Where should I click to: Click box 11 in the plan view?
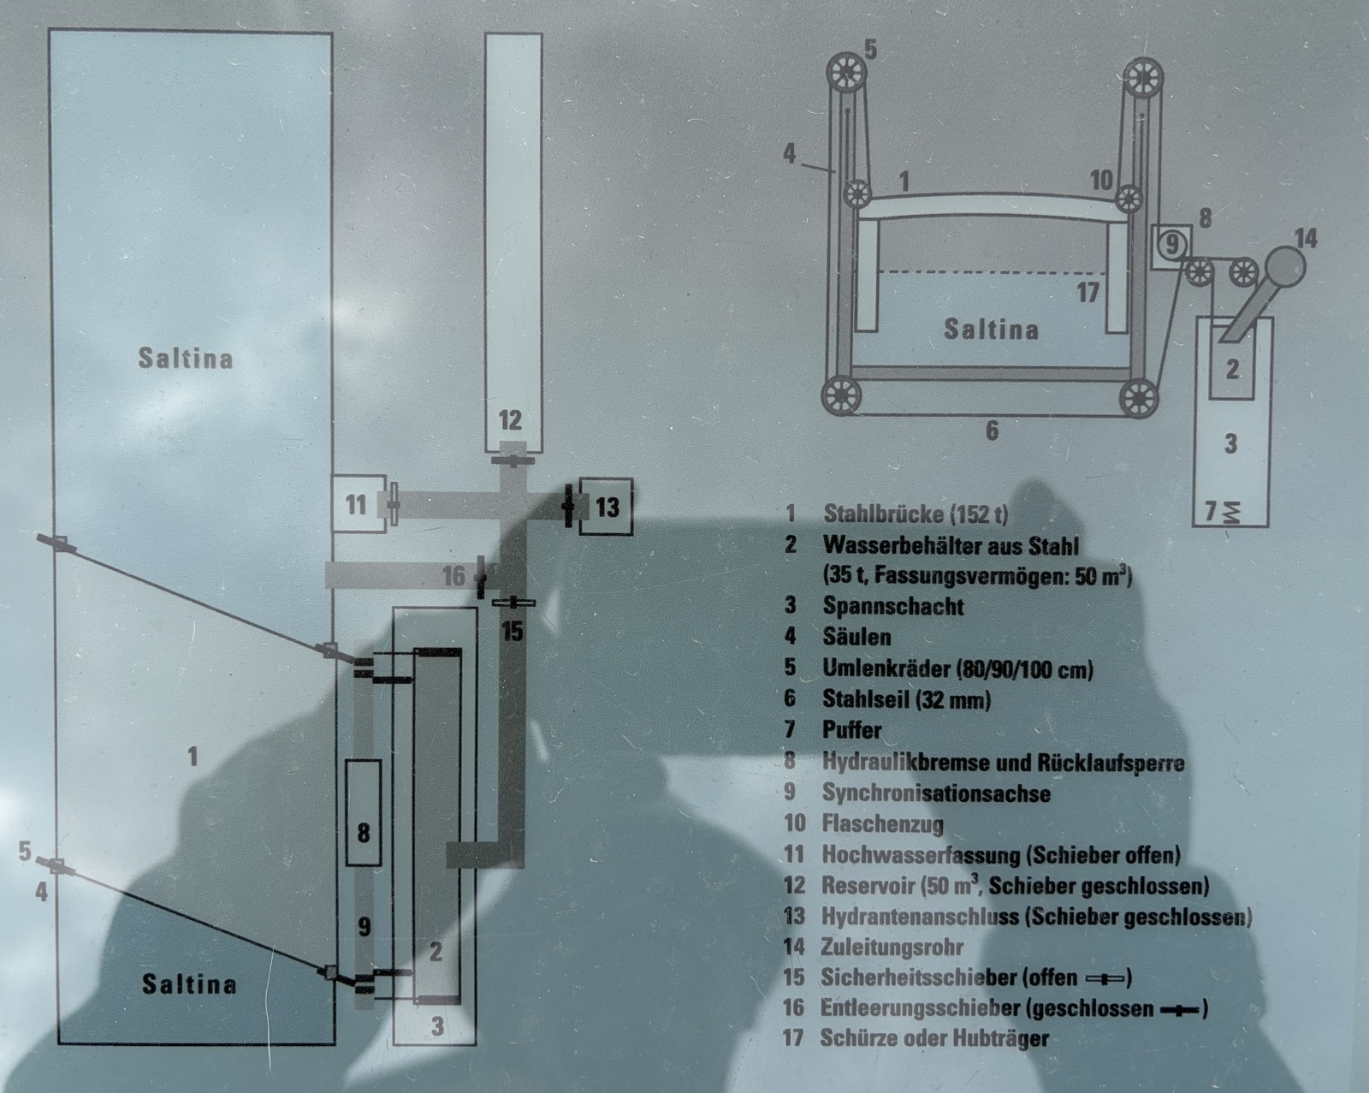pyautogui.click(x=356, y=504)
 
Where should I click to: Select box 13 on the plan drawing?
pyautogui.click(x=606, y=507)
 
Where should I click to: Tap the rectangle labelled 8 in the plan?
pyautogui.click(x=364, y=811)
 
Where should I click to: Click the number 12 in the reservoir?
pyautogui.click(x=510, y=420)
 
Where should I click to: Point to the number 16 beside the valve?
pyautogui.click(x=453, y=576)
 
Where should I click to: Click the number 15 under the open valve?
pyautogui.click(x=512, y=632)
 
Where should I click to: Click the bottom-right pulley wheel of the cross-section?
pyautogui.click(x=1137, y=398)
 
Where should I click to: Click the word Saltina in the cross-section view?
pyautogui.click(x=991, y=330)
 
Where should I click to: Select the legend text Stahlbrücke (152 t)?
pyautogui.click(x=916, y=514)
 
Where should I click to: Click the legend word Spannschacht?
pyautogui.click(x=892, y=606)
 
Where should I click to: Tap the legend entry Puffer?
pyautogui.click(x=851, y=730)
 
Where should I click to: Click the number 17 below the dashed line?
pyautogui.click(x=1087, y=293)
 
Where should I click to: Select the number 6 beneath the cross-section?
pyautogui.click(x=992, y=431)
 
